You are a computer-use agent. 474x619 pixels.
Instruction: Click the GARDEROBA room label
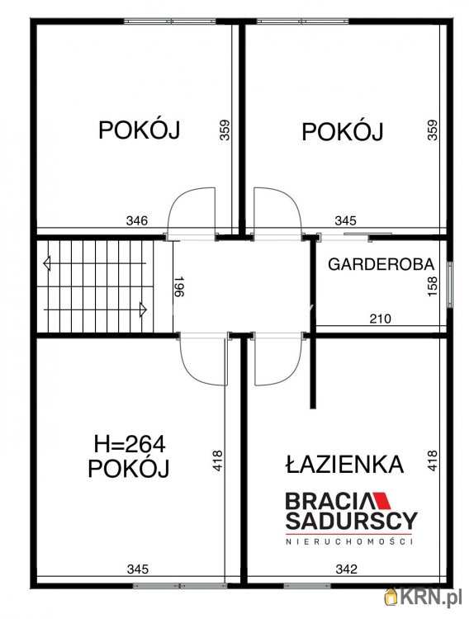382,265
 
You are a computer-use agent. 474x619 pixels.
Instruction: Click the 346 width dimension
137,220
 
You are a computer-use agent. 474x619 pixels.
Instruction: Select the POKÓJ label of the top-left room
140,130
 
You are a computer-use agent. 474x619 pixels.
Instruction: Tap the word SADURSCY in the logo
351,521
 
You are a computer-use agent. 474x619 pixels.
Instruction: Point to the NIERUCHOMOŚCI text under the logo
350,541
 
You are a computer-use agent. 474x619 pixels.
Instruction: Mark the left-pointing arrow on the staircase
47,263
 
